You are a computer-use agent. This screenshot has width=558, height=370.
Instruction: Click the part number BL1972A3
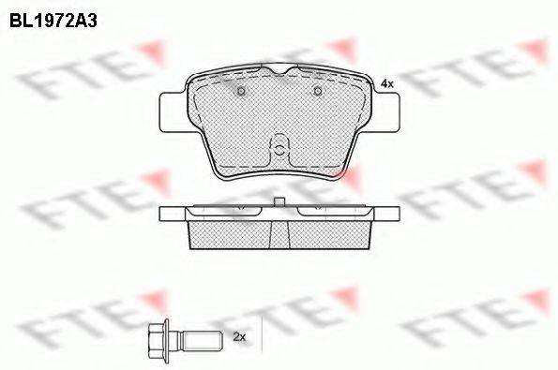(x=53, y=21)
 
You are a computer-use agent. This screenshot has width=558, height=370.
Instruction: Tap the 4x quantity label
(x=386, y=84)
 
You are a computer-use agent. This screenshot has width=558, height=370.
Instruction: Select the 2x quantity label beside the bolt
(x=239, y=337)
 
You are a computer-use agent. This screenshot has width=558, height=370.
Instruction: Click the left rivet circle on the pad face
(x=241, y=92)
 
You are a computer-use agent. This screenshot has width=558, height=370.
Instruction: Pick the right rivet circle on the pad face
(x=318, y=92)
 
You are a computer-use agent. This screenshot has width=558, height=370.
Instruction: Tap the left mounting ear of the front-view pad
(x=173, y=112)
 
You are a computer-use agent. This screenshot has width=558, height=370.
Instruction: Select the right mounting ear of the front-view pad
(x=385, y=112)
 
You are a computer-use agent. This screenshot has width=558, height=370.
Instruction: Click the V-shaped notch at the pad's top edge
(x=279, y=70)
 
